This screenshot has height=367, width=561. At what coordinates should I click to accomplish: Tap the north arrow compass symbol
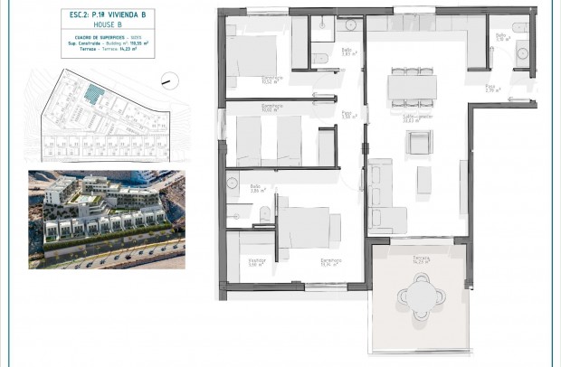(166, 81)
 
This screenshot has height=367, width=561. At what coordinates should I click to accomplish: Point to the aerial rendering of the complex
(106, 219)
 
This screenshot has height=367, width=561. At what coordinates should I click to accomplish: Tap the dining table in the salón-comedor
(412, 86)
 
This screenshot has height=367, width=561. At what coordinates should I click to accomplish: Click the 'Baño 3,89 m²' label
(256, 189)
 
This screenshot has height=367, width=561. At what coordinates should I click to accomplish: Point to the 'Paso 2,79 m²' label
(493, 89)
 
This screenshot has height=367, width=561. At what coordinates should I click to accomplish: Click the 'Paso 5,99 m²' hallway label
(347, 115)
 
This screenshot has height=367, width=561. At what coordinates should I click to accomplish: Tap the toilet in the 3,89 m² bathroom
(264, 213)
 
